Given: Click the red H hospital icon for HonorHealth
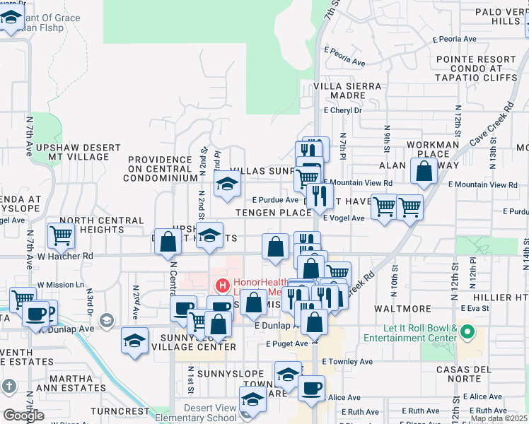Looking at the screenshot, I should pyautogui.click(x=222, y=286).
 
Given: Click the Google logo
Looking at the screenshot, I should pyautogui.click(x=23, y=415).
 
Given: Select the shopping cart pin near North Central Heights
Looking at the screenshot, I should pyautogui.click(x=61, y=236).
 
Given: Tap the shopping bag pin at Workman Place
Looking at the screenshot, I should pyautogui.click(x=424, y=172).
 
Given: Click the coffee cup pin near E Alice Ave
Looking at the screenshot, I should pyautogui.click(x=310, y=389).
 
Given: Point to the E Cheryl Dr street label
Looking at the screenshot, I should pyautogui.click(x=342, y=110).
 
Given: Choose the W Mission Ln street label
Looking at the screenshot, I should pyautogui.click(x=61, y=285).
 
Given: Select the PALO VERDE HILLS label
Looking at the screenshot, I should pyautogui.click(x=495, y=17).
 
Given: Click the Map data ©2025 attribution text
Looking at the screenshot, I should pyautogui.click(x=499, y=418).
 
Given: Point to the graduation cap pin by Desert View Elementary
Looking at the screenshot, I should pyautogui.click(x=252, y=400).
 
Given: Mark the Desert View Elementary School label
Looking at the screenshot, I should pyautogui.click(x=210, y=413).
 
